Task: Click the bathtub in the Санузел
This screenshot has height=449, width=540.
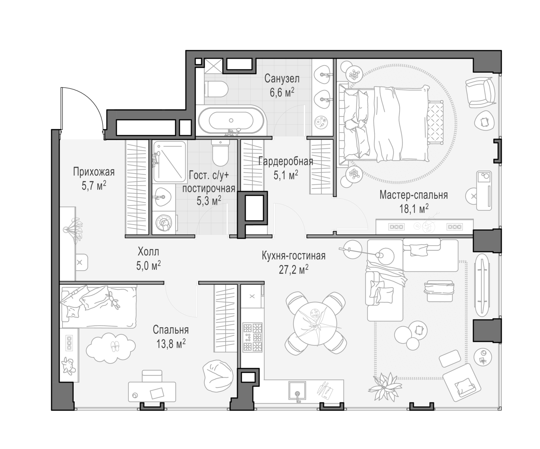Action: pyautogui.click(x=231, y=121)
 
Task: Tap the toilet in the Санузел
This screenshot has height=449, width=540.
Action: pyautogui.click(x=216, y=89)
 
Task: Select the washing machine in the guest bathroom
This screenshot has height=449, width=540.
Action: pyautogui.click(x=164, y=222)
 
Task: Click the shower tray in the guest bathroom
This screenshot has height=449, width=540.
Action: pyautogui.click(x=169, y=161)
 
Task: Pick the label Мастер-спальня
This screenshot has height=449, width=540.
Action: pyautogui.click(x=413, y=195)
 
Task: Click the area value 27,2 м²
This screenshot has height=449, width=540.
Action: pyautogui.click(x=294, y=270)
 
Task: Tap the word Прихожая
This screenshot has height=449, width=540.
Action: pyautogui.click(x=94, y=172)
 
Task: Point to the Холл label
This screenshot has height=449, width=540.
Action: pyautogui.click(x=148, y=252)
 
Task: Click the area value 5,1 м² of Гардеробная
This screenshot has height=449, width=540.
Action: pyautogui.click(x=286, y=175)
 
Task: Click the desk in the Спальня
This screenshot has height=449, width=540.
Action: pyautogui.click(x=152, y=392)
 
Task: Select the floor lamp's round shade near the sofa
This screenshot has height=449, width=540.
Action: pyautogui.click(x=385, y=256)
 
